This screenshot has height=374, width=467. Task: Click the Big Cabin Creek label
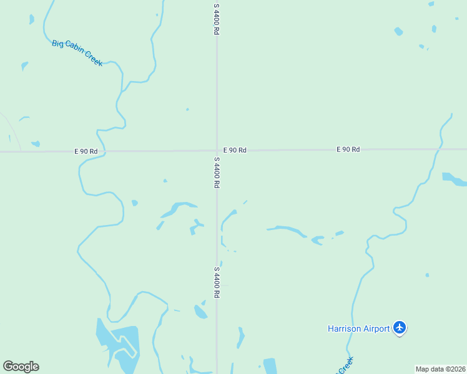(77, 53)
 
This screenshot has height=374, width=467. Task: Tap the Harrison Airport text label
(359, 328)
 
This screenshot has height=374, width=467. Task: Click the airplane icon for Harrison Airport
(400, 327)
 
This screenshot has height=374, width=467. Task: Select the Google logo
(21, 367)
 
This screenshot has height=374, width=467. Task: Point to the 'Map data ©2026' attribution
(440, 369)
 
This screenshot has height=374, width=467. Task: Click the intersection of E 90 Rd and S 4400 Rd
(217, 150)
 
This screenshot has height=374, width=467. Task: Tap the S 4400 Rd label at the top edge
(217, 19)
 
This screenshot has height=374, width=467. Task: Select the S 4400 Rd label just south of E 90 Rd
(217, 172)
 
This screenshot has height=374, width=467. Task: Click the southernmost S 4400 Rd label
(217, 282)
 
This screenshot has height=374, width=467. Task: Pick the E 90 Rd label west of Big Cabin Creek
(86, 151)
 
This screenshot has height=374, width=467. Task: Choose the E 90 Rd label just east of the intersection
(235, 150)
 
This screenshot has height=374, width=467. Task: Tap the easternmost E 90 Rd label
(348, 150)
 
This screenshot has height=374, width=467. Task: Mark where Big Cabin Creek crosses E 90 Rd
(104, 151)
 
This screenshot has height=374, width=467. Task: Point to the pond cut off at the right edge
(455, 180)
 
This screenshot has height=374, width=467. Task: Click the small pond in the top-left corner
(31, 19)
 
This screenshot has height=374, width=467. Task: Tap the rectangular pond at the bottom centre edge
(270, 366)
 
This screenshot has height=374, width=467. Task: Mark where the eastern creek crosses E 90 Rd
(439, 149)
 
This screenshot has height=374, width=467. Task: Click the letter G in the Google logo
(9, 367)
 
